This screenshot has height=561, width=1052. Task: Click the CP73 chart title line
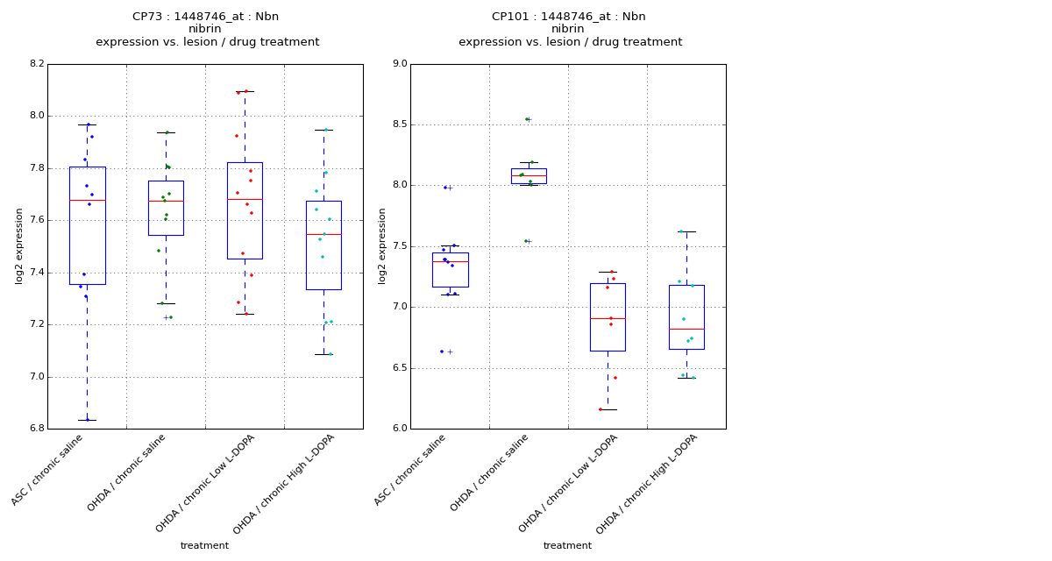(x=206, y=17)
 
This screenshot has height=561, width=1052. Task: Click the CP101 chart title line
(x=568, y=17)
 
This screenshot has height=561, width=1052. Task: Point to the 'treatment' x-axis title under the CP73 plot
(x=204, y=545)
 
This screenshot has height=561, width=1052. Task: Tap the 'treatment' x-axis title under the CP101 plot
(x=567, y=545)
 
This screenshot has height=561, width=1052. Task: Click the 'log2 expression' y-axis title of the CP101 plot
(x=382, y=245)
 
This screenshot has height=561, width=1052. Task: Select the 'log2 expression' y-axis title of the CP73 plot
(x=19, y=245)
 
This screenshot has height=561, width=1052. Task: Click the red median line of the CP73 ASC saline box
(x=87, y=200)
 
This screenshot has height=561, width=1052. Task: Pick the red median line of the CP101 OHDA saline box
(x=529, y=175)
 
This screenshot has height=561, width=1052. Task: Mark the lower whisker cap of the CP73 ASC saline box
(x=87, y=420)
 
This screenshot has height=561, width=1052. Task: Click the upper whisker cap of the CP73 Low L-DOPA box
(x=245, y=91)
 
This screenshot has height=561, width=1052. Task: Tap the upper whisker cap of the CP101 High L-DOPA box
(x=686, y=231)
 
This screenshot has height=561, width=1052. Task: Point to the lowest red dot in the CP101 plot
(x=601, y=409)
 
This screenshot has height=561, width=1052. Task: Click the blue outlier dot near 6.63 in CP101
(x=442, y=352)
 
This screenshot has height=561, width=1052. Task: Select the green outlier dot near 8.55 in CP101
(x=526, y=119)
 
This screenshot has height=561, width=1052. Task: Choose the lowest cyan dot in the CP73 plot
(x=331, y=354)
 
